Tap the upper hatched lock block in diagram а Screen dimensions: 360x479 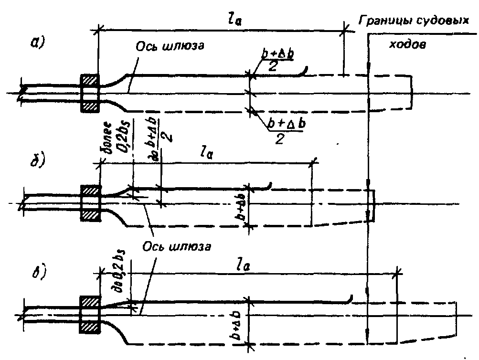[x=89, y=82]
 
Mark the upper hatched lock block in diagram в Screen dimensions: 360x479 [x=90, y=302]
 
